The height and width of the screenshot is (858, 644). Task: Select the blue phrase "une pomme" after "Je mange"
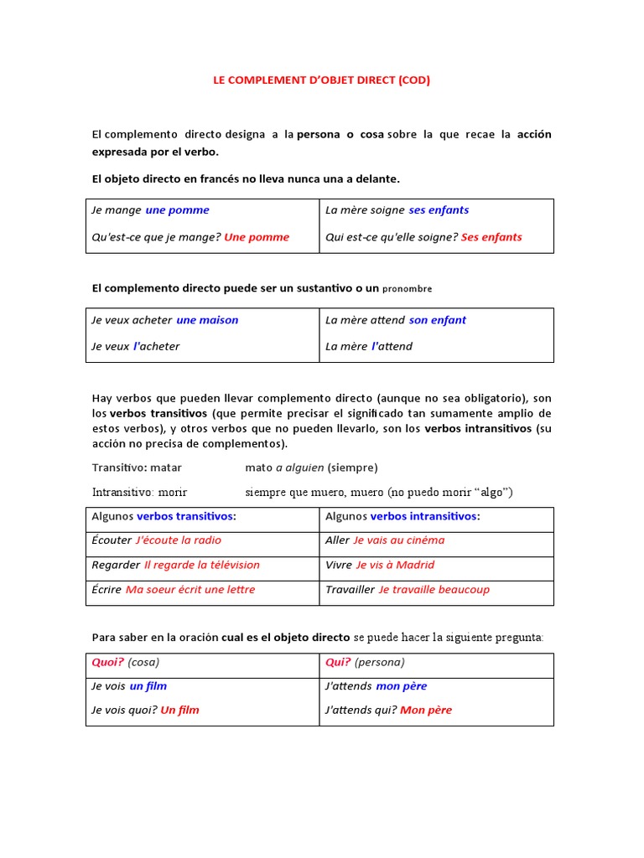click(177, 210)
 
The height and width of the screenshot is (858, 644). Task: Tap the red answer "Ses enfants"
click(491, 237)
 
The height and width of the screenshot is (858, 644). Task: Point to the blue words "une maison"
click(207, 320)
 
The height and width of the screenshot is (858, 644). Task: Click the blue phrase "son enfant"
click(437, 320)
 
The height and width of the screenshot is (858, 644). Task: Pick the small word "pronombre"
click(407, 289)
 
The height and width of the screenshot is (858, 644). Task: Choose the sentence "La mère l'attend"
click(368, 346)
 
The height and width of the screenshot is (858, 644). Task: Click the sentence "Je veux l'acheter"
click(135, 346)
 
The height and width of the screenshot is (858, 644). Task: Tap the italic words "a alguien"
click(299, 468)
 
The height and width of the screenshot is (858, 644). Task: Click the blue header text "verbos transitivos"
click(184, 516)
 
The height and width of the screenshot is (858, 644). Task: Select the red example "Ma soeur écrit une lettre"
click(190, 590)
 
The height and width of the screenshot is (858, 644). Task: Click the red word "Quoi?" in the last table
click(107, 662)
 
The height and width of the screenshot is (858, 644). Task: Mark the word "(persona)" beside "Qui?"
click(379, 662)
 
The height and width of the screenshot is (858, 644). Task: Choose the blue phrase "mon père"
click(401, 686)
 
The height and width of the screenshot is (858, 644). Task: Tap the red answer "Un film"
click(179, 711)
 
